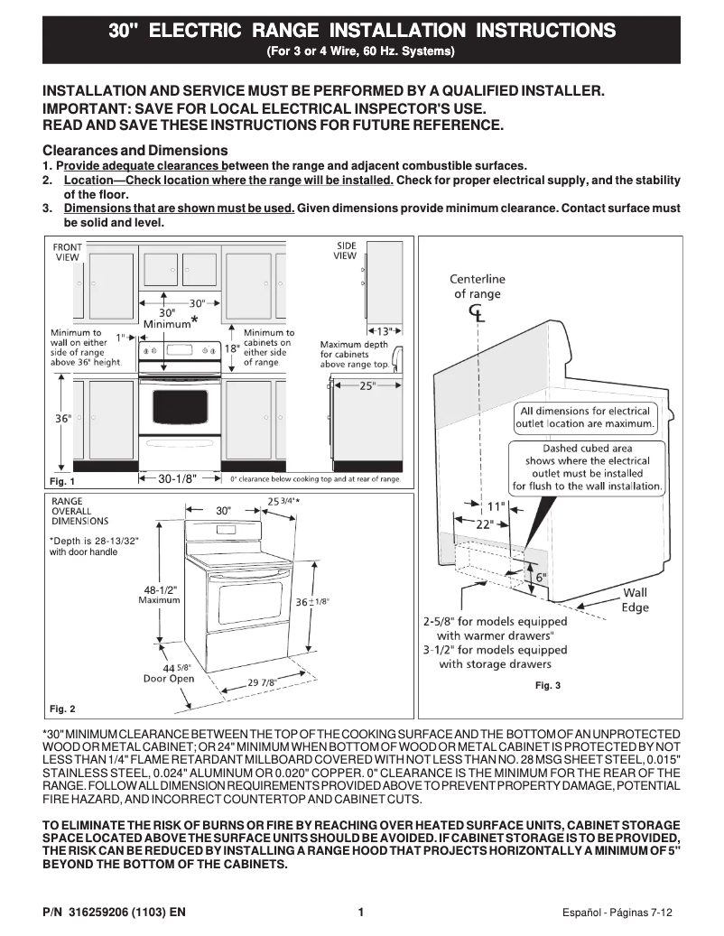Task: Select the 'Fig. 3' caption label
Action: point(548,686)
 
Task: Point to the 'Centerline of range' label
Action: point(477,287)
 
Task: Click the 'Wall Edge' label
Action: point(636,600)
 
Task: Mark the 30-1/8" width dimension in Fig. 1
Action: point(177,478)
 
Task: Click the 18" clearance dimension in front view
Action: point(231,348)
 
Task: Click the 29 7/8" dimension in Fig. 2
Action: point(262,682)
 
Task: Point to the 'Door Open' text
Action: point(169,679)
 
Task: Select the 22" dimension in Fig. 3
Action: point(485,524)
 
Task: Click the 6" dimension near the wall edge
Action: point(542,576)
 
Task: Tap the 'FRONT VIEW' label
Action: point(68,252)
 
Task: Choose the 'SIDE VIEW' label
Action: point(346,250)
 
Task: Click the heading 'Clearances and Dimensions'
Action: point(135,150)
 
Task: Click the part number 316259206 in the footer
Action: point(104,913)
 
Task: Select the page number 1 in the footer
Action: point(361,913)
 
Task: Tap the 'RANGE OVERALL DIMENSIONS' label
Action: point(79,511)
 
